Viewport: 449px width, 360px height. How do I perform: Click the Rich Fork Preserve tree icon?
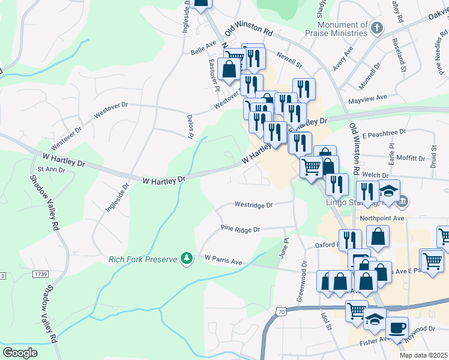click(187, 258)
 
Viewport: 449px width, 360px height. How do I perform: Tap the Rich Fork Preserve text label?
click(143, 259)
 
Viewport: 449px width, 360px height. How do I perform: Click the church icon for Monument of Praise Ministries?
click(377, 27)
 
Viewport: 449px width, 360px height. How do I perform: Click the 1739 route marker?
click(40, 274)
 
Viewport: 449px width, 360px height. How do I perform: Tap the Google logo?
click(20, 352)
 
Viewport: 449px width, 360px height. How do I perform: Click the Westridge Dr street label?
click(253, 205)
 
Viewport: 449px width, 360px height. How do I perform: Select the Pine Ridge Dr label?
click(240, 229)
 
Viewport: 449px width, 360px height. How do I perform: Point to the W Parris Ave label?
click(223, 260)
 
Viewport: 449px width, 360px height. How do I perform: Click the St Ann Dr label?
click(50, 170)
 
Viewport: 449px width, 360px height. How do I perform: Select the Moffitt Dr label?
click(411, 158)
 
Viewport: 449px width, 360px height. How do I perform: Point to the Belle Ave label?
click(203, 44)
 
